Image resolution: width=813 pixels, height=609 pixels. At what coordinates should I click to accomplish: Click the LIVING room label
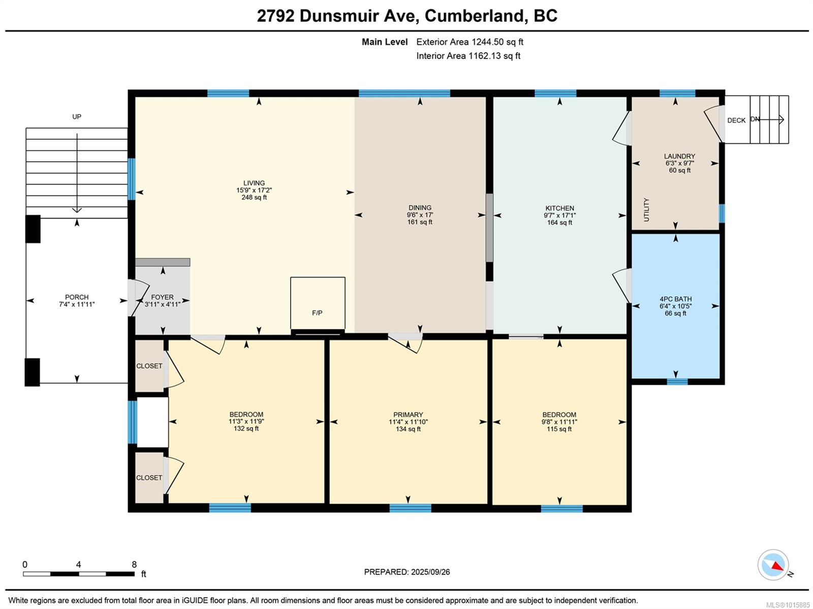tap(254, 183)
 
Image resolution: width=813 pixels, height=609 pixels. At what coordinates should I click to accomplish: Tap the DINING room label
tap(420, 207)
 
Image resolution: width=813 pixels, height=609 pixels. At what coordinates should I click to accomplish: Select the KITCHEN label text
tap(559, 208)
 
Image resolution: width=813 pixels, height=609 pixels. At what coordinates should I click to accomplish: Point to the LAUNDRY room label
tap(679, 156)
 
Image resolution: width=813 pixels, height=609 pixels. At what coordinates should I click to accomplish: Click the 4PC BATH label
tap(675, 299)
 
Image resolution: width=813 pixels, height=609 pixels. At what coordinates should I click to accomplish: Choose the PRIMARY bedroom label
tap(408, 414)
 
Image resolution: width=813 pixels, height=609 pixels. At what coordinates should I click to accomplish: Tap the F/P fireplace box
tap(318, 304)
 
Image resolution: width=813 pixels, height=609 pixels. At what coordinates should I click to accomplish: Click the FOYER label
tap(162, 297)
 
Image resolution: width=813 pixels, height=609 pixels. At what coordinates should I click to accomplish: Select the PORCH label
tap(77, 297)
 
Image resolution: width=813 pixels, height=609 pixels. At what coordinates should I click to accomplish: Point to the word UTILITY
tap(646, 209)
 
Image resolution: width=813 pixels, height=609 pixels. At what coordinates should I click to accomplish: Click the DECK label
tap(736, 120)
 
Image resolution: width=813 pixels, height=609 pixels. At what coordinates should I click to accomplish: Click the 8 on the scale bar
tap(134, 564)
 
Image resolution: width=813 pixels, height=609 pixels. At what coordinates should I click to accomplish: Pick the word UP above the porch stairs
tap(77, 116)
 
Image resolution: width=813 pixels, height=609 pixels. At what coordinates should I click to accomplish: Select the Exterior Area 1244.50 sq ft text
tap(470, 42)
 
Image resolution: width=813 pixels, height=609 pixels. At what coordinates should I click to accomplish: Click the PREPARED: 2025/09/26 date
tap(407, 572)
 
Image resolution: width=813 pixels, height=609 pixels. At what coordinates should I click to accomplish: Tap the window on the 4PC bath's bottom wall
tap(677, 382)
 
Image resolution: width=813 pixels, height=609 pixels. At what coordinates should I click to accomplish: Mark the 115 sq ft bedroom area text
tap(559, 429)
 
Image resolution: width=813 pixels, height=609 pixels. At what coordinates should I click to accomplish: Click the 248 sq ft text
tap(254, 197)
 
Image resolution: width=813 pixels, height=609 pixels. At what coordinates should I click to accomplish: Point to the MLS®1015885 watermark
tap(788, 605)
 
